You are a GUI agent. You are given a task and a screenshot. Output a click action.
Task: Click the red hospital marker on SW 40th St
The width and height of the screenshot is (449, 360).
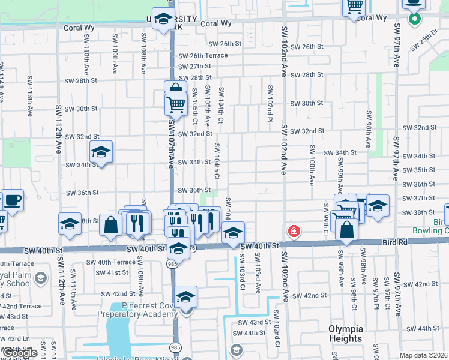click(294, 231)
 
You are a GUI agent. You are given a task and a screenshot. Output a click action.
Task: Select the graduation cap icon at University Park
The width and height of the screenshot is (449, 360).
click(162, 20)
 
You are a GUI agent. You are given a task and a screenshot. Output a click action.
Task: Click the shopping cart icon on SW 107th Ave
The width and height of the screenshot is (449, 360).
click(175, 103)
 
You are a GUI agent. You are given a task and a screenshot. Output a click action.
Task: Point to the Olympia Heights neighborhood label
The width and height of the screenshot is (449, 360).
click(346, 334)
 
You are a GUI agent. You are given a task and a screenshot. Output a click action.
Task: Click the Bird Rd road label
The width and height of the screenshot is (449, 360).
click(394, 242)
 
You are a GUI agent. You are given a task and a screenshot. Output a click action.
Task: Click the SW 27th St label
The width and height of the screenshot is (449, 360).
click(194, 67)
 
